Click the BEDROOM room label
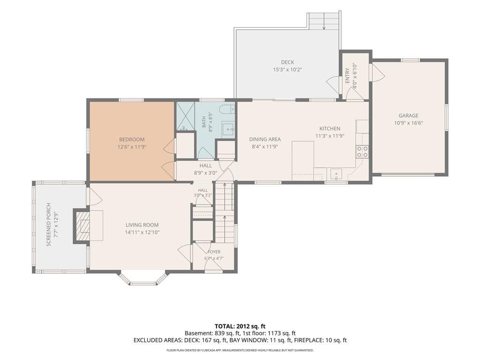(x=132, y=140)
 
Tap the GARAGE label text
(x=408, y=115)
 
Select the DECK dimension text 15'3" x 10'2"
(x=287, y=69)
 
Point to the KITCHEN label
(x=330, y=128)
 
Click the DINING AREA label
(x=265, y=139)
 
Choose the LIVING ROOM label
(x=142, y=225)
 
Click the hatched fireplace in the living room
(x=82, y=226)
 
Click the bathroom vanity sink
(x=228, y=129)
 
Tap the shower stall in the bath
(x=185, y=117)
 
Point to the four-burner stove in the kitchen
(x=362, y=152)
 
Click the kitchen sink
(x=336, y=174)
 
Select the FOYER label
(x=214, y=252)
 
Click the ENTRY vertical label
(x=347, y=75)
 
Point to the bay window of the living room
(x=142, y=278)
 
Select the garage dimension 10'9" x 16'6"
(x=408, y=123)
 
